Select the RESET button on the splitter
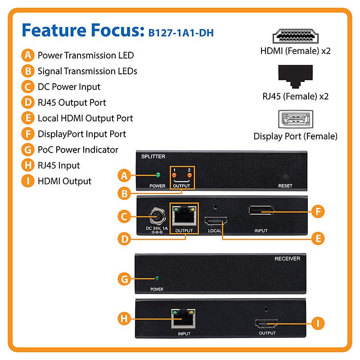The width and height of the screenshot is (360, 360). point(285,176)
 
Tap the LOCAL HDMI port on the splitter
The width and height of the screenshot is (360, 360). point(216,221)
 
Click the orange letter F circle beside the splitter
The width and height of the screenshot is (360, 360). point(318,211)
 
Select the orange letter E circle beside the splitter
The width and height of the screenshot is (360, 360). point(318,238)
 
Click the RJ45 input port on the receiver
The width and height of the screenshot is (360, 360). point(184,319)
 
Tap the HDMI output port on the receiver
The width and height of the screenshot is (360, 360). point(266,323)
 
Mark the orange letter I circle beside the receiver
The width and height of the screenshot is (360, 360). point(318,323)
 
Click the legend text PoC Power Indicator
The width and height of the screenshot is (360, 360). point(78,149)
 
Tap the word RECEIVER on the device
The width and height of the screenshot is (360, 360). point(287,259)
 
